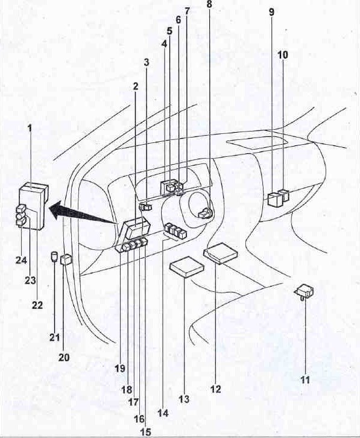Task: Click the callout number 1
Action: click(30, 129)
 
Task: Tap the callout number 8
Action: click(209, 4)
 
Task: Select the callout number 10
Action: click(283, 55)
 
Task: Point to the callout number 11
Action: click(305, 379)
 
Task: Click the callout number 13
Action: click(184, 399)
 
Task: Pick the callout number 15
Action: click(145, 432)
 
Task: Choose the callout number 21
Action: click(55, 337)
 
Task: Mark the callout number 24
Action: click(21, 261)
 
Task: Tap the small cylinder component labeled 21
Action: click(54, 256)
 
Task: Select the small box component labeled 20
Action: click(66, 259)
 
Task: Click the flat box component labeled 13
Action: click(187, 267)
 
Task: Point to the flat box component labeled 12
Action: click(221, 253)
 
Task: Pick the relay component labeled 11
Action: click(305, 291)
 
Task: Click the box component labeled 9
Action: click(274, 199)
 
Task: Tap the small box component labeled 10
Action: click(285, 195)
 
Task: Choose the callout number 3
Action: click(147, 63)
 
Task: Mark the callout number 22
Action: click(37, 305)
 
